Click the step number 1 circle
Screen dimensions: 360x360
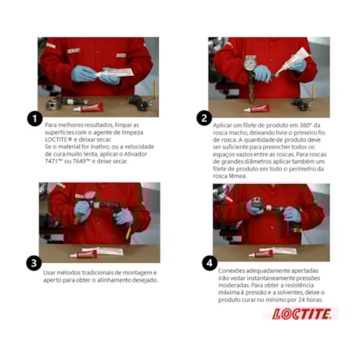[34, 119]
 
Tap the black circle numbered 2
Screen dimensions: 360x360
[203, 119]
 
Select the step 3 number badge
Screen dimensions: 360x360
[34, 263]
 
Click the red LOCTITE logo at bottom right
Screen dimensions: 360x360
[301, 314]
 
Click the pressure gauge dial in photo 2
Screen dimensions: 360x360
[250, 62]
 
